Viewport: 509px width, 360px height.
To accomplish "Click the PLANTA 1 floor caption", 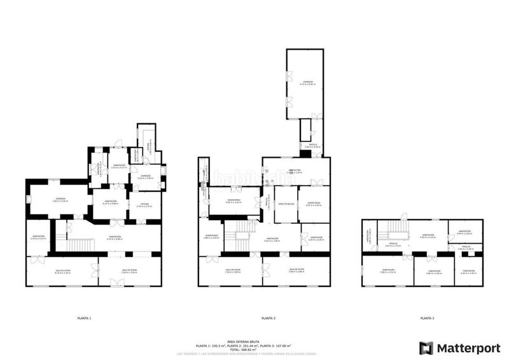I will pos(84,317).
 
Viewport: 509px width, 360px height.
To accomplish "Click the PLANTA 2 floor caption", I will pos(268,317).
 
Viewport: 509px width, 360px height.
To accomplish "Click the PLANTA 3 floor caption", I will pos(428,317).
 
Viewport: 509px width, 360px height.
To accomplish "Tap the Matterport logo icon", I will pos(426,348).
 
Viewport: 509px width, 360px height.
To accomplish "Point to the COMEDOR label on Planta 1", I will pos(60,198).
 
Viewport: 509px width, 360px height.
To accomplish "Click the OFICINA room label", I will pos(144,204).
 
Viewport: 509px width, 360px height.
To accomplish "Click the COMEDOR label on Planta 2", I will pos(308,82).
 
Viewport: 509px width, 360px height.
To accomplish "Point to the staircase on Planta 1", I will pos(80,245).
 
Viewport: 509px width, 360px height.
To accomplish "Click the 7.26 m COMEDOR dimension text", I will pos(60,201).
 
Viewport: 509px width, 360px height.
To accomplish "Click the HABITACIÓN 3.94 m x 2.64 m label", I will pos(464,233).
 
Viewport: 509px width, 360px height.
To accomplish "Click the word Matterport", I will pos(464,348).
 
